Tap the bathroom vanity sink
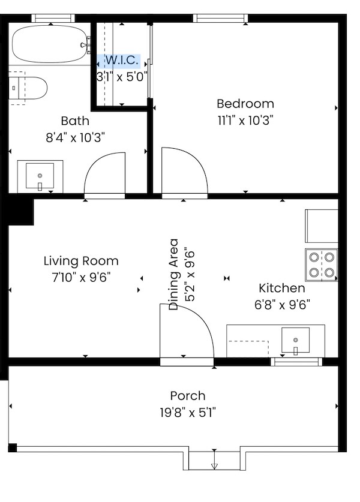tap(40, 176)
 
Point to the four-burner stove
tap(321, 264)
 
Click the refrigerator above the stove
tap(322, 226)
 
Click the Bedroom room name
tap(245, 104)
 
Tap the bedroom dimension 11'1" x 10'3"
tap(245, 120)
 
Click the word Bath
tap(75, 121)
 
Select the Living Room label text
tap(81, 261)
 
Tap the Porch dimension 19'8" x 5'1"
tap(187, 413)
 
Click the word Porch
tap(187, 396)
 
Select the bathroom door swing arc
tap(106, 174)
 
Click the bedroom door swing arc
tap(185, 171)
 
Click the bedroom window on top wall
tap(220, 18)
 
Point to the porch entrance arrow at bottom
tap(214, 465)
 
